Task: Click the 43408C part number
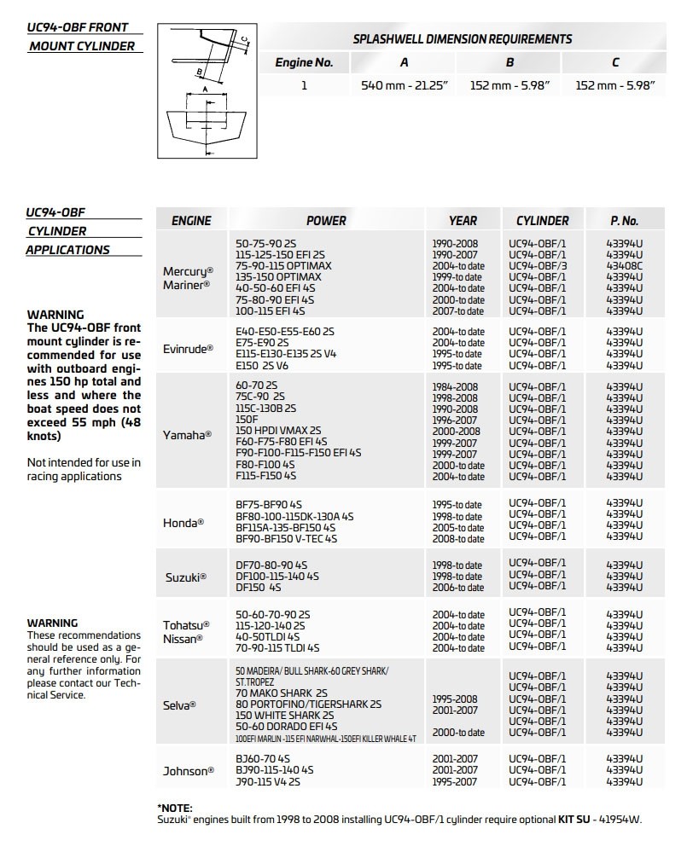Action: [624, 266]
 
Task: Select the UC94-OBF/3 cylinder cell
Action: [538, 266]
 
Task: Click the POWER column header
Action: [326, 220]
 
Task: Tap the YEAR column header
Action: [463, 220]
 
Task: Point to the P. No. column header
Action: [624, 220]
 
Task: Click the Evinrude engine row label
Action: [188, 348]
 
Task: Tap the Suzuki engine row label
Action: [185, 577]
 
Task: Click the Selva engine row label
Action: [180, 705]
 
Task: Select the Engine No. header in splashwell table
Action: [304, 62]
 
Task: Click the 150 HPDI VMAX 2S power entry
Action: [278, 432]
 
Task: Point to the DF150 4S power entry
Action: [258, 588]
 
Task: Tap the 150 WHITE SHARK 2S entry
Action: [284, 715]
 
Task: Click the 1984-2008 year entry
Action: [455, 387]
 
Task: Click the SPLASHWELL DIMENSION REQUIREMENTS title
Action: [463, 39]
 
